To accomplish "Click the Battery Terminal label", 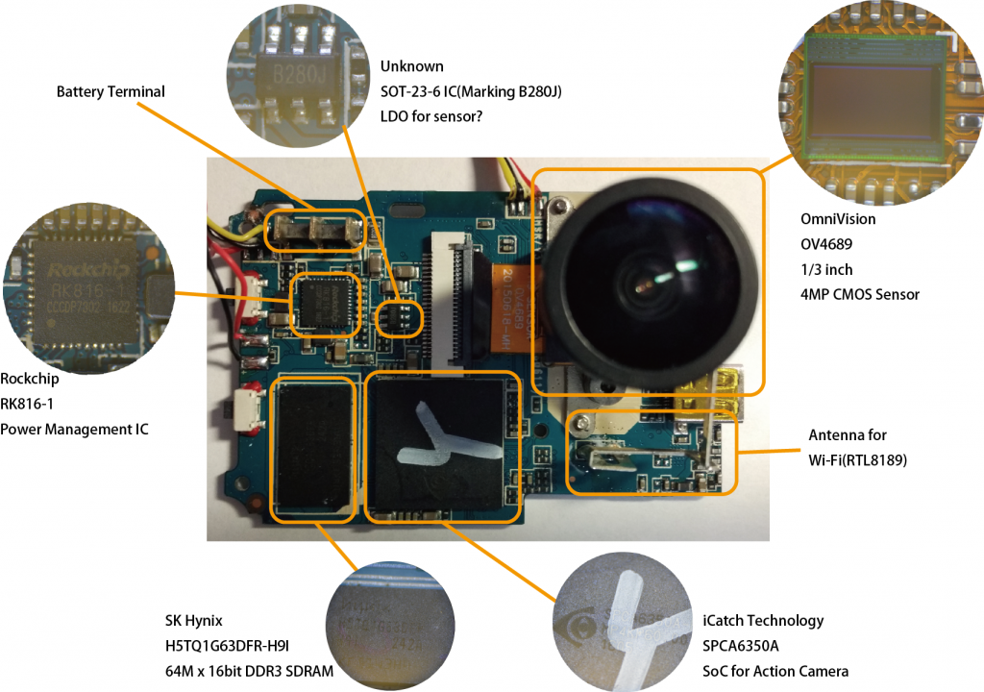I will point(111,92).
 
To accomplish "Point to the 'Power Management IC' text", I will point(74,429).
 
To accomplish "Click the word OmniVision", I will point(838,219).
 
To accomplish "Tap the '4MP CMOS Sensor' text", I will point(860,294).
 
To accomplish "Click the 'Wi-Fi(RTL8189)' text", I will point(857,459).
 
